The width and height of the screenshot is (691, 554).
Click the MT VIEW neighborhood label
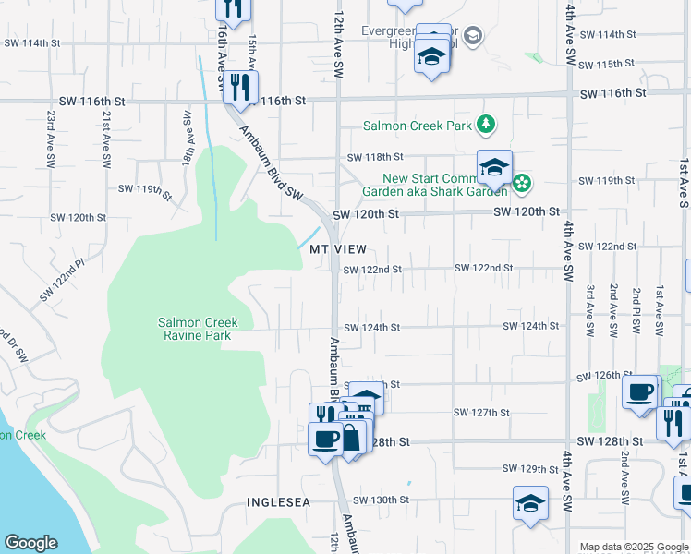[x=338, y=250]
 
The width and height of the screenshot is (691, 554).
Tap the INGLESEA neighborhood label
[x=279, y=501]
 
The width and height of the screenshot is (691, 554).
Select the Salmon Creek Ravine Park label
[x=198, y=329]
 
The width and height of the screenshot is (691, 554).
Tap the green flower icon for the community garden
[x=522, y=183]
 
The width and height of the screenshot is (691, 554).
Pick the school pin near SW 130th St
[x=530, y=504]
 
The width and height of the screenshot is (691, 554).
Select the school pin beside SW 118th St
[x=494, y=167]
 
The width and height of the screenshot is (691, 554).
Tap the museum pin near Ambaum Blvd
[x=366, y=399]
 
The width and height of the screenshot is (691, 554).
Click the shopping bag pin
[x=352, y=437]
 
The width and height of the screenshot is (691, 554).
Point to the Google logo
[x=30, y=543]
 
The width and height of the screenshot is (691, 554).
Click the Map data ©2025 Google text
[x=633, y=547]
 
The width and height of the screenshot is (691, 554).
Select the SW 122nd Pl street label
[x=61, y=280]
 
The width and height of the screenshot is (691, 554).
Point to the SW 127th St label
[x=481, y=412]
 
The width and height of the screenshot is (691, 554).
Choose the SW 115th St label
[x=606, y=64]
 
